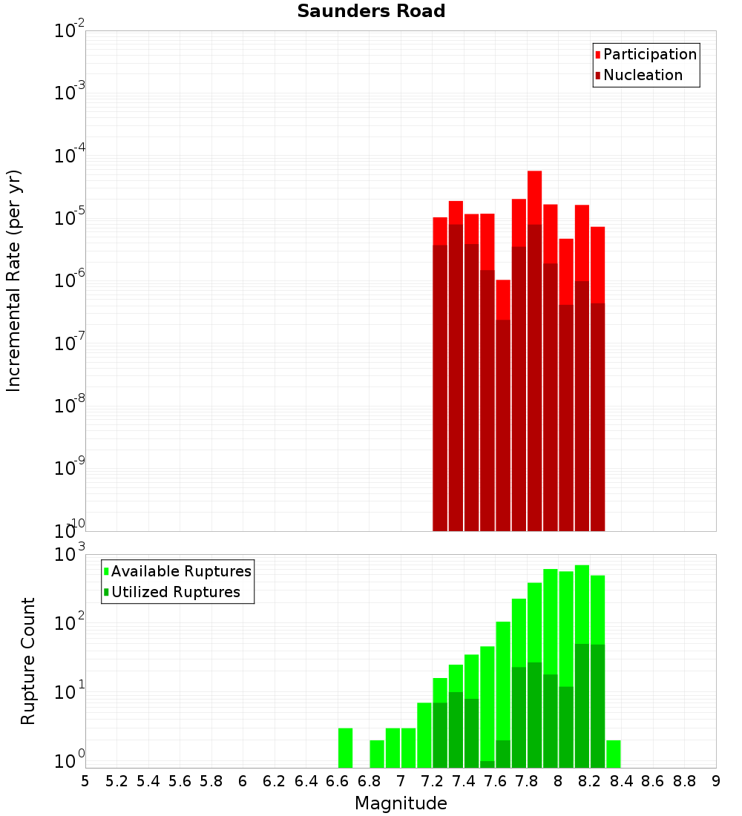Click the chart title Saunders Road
coord(371,12)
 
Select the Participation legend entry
coord(646,54)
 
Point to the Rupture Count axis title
coord(28,661)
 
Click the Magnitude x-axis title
coord(401,803)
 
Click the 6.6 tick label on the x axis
coord(337,780)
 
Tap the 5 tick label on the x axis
coord(85,780)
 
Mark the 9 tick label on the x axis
coord(716,780)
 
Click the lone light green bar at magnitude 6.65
coord(345,748)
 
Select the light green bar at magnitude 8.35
coord(614,754)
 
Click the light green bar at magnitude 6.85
coord(377,754)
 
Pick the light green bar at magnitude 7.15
coord(424,734)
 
